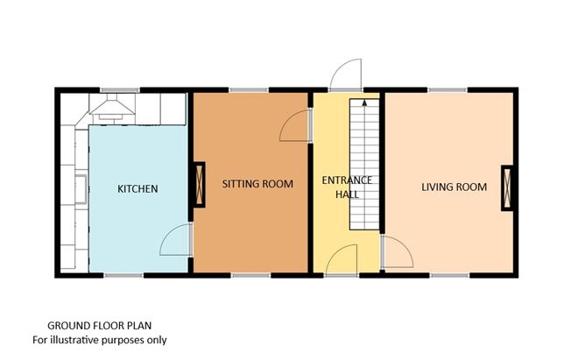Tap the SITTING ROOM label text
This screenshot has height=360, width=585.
coord(252,185)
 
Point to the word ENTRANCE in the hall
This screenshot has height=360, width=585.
coord(347,180)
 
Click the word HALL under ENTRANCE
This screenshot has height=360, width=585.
coord(347,194)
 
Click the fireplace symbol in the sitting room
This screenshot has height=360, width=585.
coord(199,185)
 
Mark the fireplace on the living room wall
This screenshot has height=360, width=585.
coord(507,187)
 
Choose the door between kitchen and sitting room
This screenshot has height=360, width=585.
coord(178,240)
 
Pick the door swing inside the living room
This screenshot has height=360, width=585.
coord(397,255)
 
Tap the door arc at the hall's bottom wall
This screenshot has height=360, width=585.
coord(342,259)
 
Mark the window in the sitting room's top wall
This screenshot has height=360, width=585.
coord(249,89)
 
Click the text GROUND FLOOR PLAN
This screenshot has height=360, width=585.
coord(98,324)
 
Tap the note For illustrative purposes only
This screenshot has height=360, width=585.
coord(99,339)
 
